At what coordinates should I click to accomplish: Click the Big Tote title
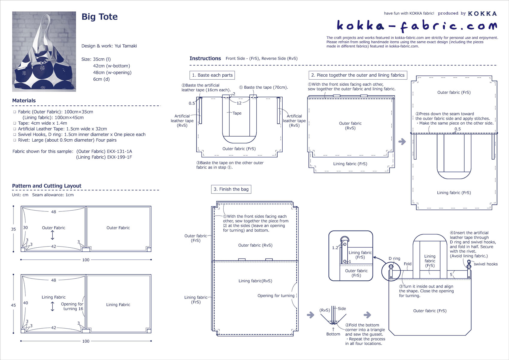pyautogui.click(x=99, y=17)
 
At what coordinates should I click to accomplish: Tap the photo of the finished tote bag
pyautogui.click(x=44, y=52)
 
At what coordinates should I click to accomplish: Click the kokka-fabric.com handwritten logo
pyautogui.click(x=416, y=26)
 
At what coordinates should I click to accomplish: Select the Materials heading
pyautogui.click(x=24, y=101)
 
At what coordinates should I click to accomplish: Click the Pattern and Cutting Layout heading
pyautogui.click(x=47, y=186)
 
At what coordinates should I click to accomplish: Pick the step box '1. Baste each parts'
pyautogui.click(x=212, y=75)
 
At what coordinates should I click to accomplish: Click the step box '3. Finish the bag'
pyautogui.click(x=231, y=189)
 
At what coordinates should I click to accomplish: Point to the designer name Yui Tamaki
pyautogui.click(x=126, y=46)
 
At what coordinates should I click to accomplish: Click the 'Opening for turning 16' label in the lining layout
pyautogui.click(x=72, y=306)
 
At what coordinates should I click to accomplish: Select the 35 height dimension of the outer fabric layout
pyautogui.click(x=13, y=229)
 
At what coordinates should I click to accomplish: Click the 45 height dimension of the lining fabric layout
pyautogui.click(x=13, y=305)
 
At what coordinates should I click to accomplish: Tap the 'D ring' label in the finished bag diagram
pyautogui.click(x=394, y=258)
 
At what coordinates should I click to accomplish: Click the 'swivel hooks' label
pyautogui.click(x=485, y=264)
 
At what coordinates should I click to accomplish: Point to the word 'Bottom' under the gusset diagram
pyautogui.click(x=333, y=334)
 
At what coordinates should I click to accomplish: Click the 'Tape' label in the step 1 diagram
pyautogui.click(x=237, y=113)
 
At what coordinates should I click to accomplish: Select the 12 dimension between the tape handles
pyautogui.click(x=239, y=103)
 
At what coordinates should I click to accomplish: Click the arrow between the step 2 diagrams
pyautogui.click(x=402, y=141)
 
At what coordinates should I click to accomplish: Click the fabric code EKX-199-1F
pyautogui.click(x=119, y=157)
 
